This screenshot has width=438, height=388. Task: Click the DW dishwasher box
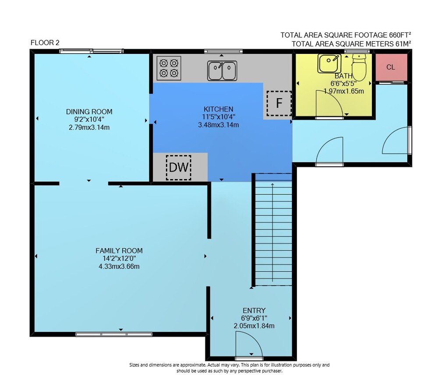pos(179,167)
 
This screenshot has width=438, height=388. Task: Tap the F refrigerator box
pos(279,103)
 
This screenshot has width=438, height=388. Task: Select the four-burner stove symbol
pos(169,68)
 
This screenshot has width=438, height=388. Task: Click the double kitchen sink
pos(222,71)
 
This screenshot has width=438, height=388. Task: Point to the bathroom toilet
pos(359,67)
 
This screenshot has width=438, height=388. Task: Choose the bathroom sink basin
pos(329,63)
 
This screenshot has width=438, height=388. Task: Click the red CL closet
pos(391,67)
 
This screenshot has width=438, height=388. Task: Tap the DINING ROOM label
pos(89,112)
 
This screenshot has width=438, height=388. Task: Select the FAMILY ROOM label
pos(119,250)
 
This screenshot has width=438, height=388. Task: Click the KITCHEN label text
pos(219,109)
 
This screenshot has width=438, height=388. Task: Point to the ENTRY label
pos(254,310)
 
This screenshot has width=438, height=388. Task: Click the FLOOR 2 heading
pos(45,43)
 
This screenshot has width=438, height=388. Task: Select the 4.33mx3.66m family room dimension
pos(119,267)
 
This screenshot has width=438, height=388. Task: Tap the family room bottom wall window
pos(114,334)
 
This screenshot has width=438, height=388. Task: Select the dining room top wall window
pos(92,51)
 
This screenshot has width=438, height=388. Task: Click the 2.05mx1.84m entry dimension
pos(254,326)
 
